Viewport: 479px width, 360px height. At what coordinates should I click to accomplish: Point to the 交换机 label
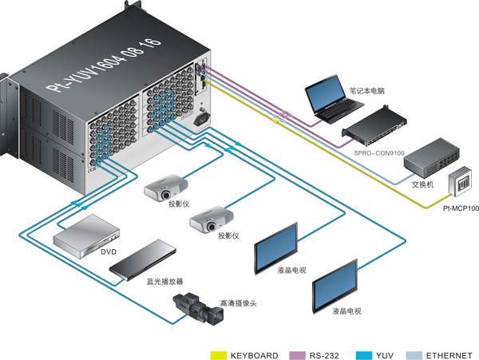pos(422,184)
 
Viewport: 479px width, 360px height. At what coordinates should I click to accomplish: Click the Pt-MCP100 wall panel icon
pos(461,185)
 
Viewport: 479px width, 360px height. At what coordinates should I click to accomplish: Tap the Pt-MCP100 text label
pos(461,209)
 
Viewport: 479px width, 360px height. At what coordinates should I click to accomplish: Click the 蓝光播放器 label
pos(164,282)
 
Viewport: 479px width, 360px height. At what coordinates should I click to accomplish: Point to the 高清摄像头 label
pos(239,304)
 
